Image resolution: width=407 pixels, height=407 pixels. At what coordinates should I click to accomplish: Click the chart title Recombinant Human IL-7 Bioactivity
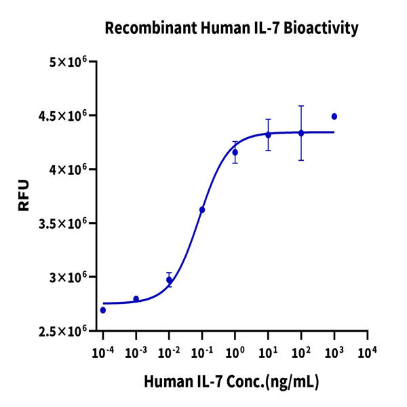231,28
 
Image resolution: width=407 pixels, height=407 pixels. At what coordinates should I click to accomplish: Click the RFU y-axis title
24,196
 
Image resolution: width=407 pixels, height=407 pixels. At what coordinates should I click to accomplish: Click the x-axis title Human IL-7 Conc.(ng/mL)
231,382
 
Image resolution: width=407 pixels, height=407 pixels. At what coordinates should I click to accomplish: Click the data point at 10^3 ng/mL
334,117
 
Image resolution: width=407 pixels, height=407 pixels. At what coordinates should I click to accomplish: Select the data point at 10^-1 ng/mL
202,210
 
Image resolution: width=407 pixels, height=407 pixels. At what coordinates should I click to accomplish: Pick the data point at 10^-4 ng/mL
103,310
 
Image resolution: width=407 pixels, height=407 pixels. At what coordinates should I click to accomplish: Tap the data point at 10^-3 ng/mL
136,298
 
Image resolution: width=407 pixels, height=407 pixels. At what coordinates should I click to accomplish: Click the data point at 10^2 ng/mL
301,133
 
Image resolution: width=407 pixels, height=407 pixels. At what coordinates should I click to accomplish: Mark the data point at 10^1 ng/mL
268,135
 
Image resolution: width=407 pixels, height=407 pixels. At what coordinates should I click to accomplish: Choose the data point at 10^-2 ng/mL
169,279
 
